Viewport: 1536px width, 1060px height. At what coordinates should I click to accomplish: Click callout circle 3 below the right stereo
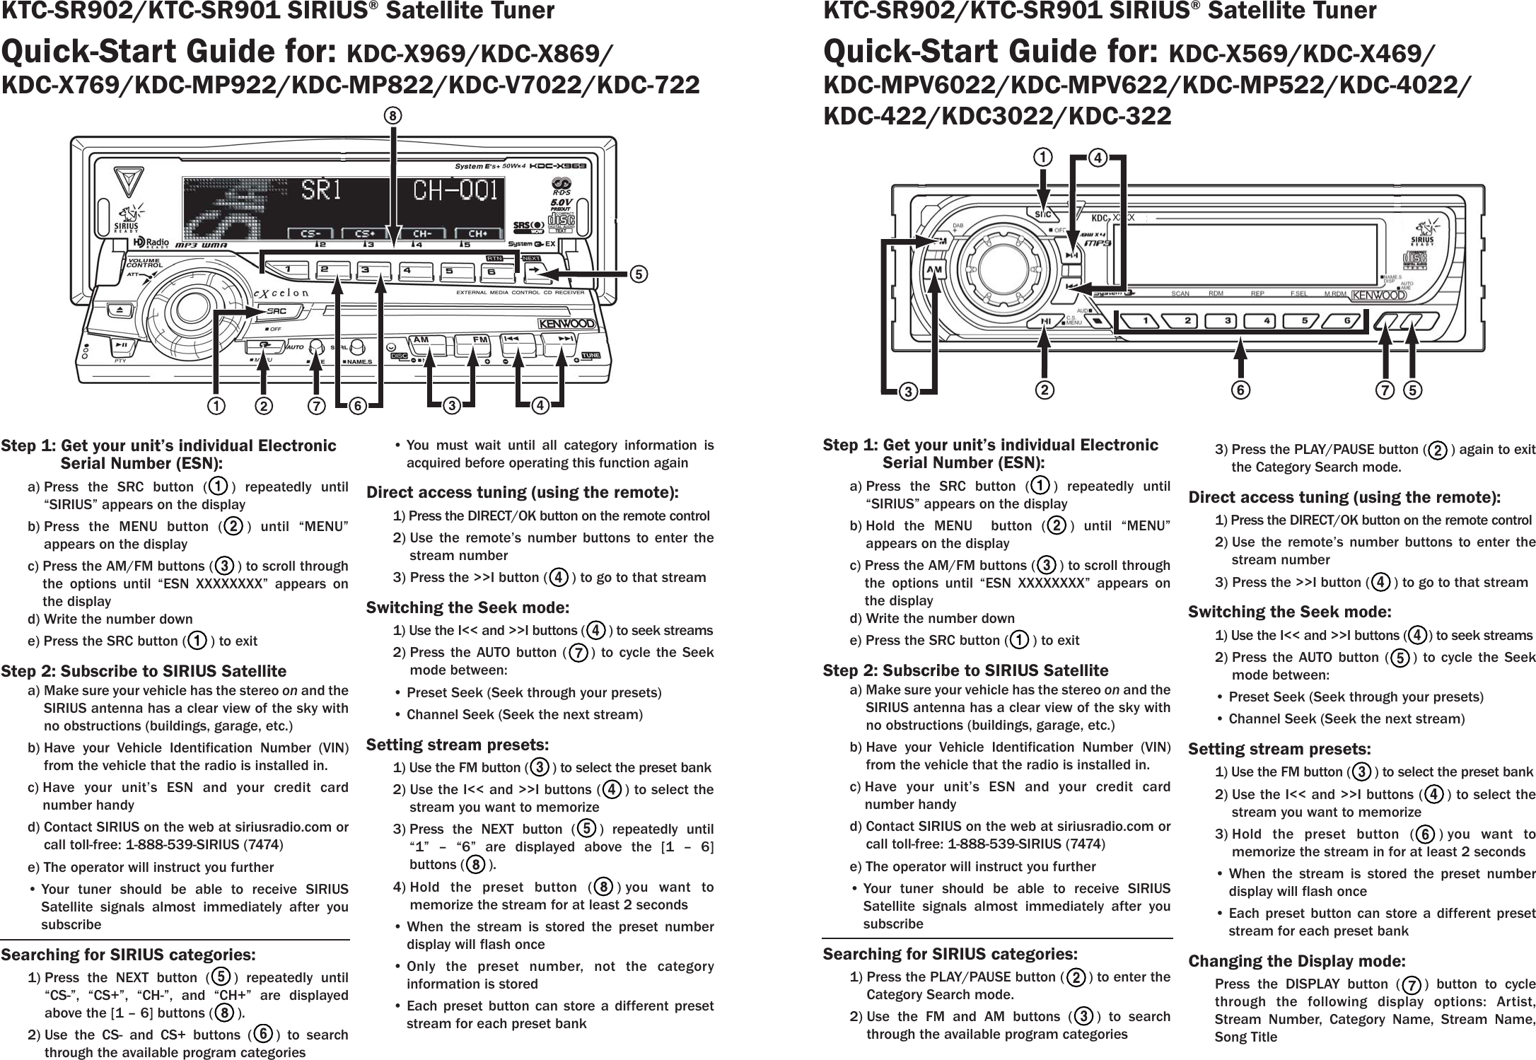[907, 391]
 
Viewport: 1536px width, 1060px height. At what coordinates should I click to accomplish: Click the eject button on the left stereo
[118, 310]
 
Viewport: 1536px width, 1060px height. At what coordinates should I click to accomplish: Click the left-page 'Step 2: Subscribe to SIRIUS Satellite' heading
[144, 670]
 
